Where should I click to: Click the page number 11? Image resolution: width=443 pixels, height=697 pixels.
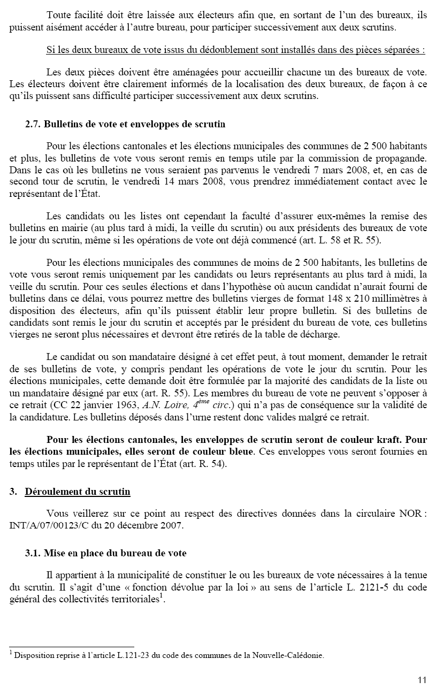click(422, 680)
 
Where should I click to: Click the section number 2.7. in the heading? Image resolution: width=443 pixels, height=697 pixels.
click(33, 124)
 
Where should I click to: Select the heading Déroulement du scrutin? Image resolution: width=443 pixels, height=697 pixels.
click(78, 492)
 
